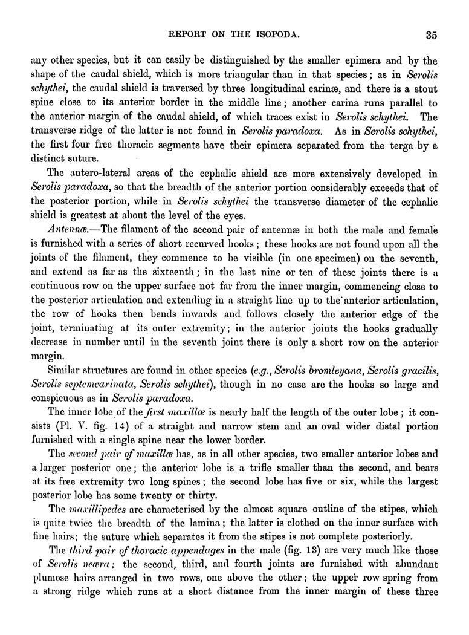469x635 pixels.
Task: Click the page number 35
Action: tap(430, 34)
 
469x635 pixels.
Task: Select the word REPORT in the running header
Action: tap(190, 34)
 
